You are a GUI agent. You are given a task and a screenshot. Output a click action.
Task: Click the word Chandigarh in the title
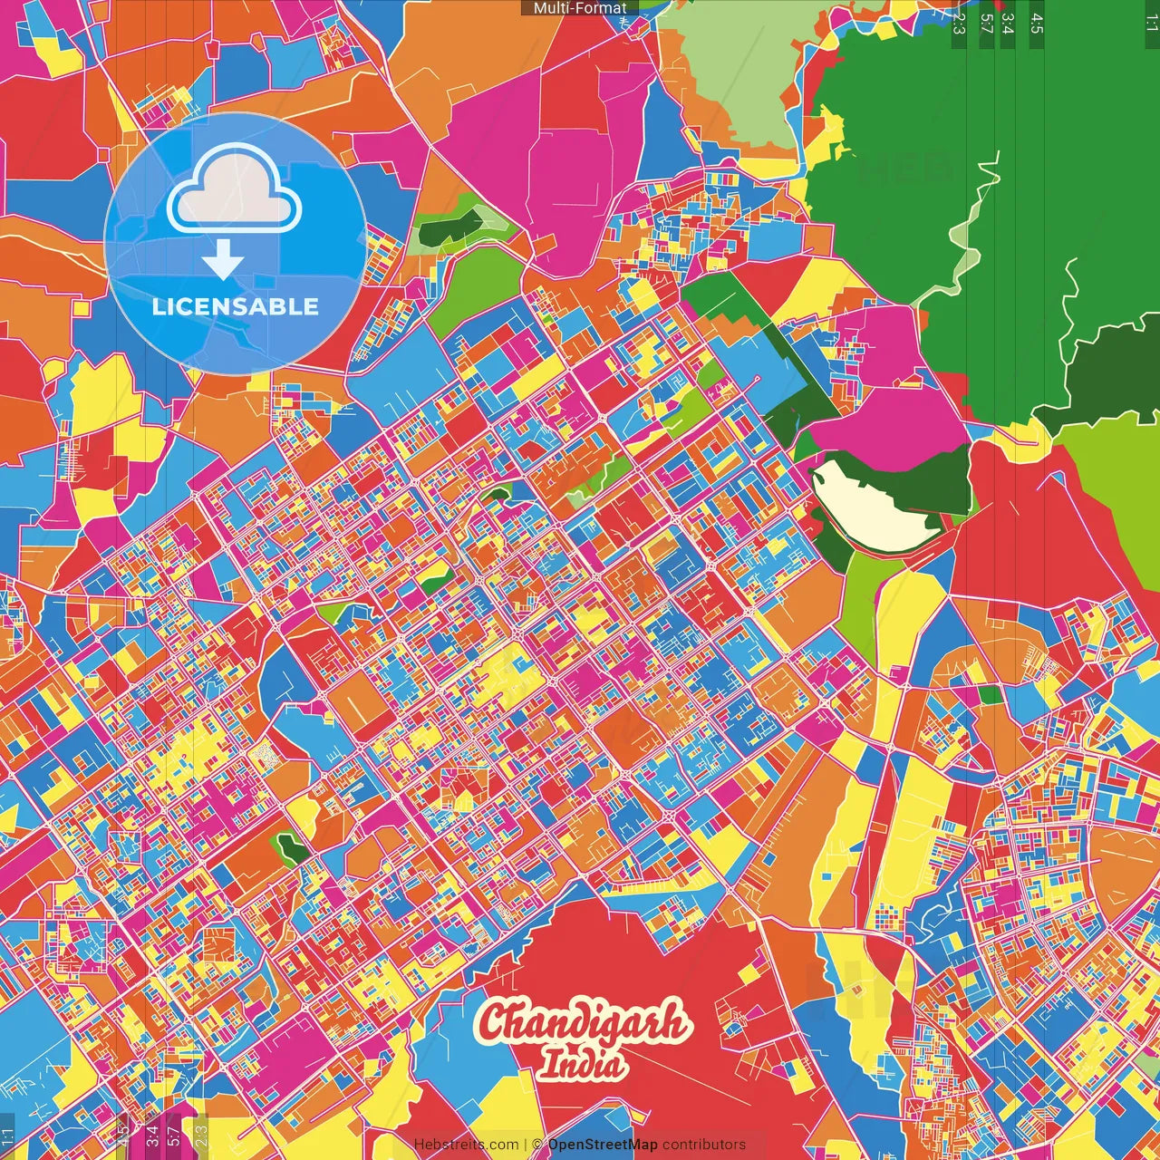coord(583,1023)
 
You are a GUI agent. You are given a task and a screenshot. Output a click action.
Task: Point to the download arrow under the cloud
coord(223,260)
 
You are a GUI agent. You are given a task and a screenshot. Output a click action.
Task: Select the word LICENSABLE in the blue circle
coord(236,306)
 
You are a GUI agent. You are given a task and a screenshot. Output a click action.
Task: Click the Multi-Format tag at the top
coord(580,8)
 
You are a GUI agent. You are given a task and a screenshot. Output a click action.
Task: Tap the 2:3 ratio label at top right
coord(959,23)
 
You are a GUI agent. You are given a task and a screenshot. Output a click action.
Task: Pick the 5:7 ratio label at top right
coord(986,23)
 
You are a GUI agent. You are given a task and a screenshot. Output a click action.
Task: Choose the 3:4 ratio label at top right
coord(1008,23)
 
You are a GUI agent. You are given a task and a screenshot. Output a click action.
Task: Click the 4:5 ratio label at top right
coord(1037,23)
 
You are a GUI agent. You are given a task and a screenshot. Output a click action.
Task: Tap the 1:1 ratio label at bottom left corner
coord(8,1136)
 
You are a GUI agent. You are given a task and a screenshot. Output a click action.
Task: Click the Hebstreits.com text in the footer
coord(466,1145)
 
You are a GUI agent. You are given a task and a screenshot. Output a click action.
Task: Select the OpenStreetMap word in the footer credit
coord(603,1145)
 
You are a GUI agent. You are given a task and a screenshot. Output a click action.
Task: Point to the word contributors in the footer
coord(704,1145)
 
